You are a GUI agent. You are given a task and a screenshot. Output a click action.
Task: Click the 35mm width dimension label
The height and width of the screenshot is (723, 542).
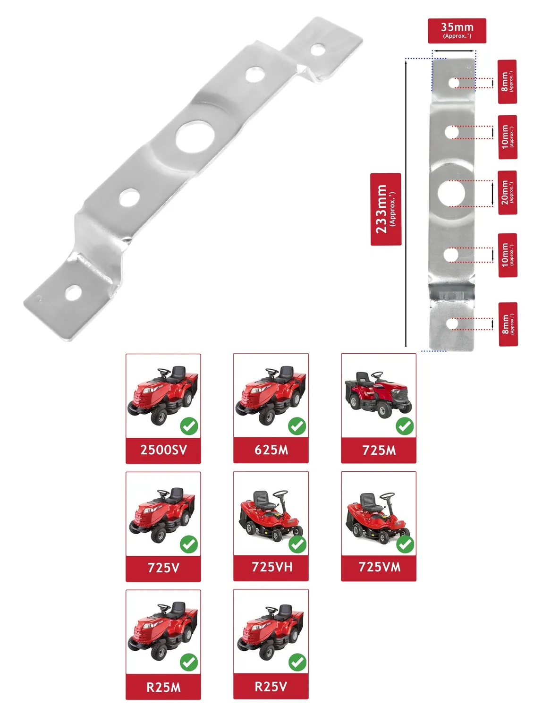coord(457,31)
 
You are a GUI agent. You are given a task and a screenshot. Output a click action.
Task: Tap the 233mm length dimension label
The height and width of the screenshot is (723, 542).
coord(386,209)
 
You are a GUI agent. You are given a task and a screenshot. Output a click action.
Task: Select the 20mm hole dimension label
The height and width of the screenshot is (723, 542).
coord(507,193)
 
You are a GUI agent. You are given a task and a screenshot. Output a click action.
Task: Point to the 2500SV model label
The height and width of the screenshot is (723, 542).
coord(163,450)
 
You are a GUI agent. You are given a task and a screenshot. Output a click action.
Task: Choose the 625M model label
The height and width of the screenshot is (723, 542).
coord(271,450)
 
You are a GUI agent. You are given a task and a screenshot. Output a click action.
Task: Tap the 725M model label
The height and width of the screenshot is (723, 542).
coord(379,450)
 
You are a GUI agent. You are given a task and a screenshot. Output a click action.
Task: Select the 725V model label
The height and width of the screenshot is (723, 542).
coord(163,568)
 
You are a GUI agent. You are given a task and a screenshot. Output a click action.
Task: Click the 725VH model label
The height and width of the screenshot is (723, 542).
coord(271,567)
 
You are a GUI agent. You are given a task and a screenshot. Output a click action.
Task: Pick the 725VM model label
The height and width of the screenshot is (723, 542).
coord(379,567)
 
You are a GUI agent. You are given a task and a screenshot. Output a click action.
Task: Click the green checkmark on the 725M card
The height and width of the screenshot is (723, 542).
coord(405,426)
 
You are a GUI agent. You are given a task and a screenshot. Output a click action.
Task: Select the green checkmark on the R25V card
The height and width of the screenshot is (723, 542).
coord(297,662)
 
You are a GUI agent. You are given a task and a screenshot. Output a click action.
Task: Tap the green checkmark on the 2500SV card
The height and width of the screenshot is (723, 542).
coord(189,426)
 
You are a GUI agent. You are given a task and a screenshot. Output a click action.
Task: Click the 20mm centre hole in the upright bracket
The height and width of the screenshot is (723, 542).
coord(451,194)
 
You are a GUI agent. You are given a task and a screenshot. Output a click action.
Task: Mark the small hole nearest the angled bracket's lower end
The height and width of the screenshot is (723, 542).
coord(73,293)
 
